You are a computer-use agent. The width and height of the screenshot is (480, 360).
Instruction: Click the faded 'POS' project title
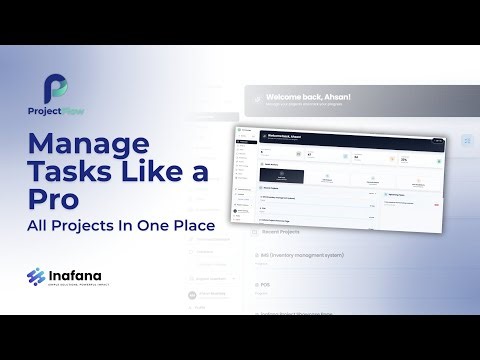coord(265,283)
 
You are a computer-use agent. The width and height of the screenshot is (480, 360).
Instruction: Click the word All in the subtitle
coord(38,227)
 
